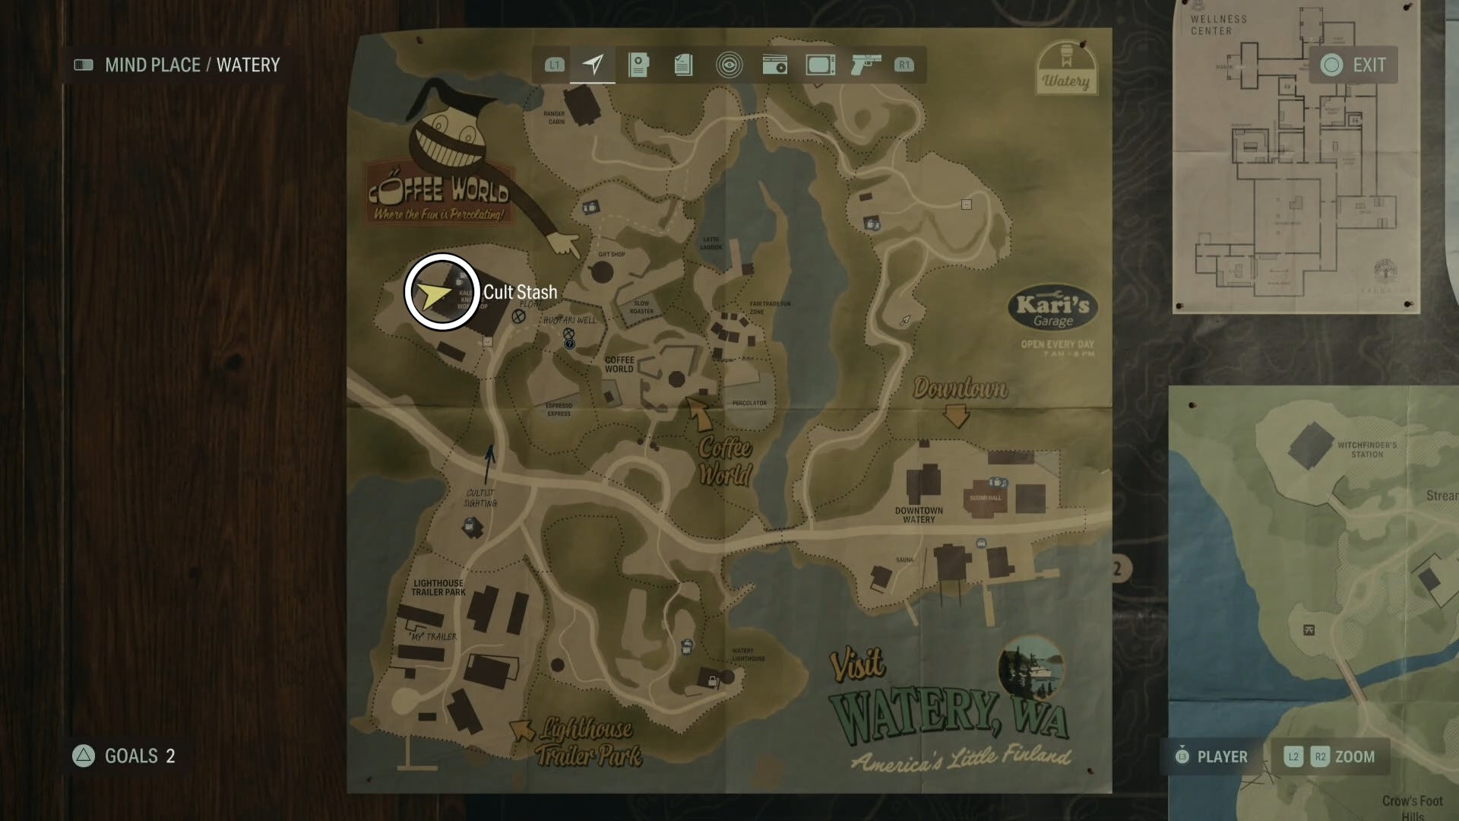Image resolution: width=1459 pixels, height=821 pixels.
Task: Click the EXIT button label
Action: pyautogui.click(x=1369, y=65)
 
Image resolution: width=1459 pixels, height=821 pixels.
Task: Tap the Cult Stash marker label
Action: pyautogui.click(x=520, y=292)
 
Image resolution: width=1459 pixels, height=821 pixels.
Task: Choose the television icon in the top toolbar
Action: pyautogui.click(x=821, y=65)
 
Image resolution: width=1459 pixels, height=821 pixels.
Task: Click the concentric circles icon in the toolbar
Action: pyautogui.click(x=729, y=65)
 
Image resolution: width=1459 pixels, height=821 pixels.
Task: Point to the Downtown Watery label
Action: pyautogui.click(x=919, y=515)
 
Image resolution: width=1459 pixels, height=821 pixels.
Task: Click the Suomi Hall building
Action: pyautogui.click(x=985, y=499)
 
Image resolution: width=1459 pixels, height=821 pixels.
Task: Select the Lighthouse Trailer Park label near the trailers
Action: pyautogui.click(x=438, y=587)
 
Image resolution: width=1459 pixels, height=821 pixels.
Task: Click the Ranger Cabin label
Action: pyautogui.click(x=555, y=117)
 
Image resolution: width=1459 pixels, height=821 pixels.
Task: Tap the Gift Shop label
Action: pyautogui.click(x=612, y=255)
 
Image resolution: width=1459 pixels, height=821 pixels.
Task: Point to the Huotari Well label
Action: pyautogui.click(x=570, y=320)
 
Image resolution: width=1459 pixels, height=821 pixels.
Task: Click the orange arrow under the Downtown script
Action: pyautogui.click(x=956, y=415)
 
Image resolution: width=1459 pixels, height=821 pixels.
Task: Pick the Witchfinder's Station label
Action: pyautogui.click(x=1366, y=449)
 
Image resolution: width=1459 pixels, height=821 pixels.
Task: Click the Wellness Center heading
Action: pyautogui.click(x=1218, y=25)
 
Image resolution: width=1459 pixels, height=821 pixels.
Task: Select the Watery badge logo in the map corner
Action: pyautogui.click(x=1066, y=68)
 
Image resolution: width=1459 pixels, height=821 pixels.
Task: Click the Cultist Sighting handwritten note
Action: pyautogui.click(x=480, y=498)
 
